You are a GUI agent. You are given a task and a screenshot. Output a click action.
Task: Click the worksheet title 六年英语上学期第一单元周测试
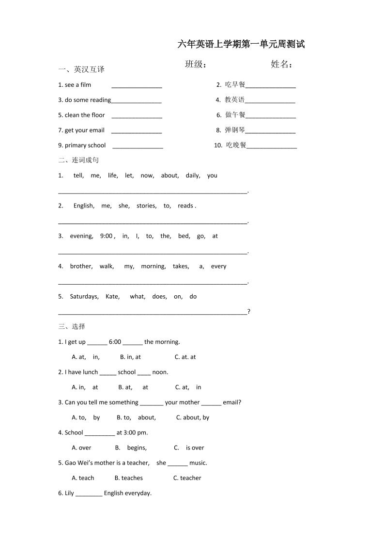pyautogui.click(x=241, y=45)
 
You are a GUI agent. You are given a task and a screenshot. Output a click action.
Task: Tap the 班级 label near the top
pyautogui.click(x=196, y=64)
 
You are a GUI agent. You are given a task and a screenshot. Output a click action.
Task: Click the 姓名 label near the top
pyautogui.click(x=281, y=64)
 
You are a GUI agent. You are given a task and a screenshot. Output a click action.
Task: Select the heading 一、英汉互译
pyautogui.click(x=81, y=69)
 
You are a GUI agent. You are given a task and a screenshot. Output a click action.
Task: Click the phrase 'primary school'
pyautogui.click(x=85, y=145)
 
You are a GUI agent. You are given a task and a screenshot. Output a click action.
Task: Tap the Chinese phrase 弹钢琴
pyautogui.click(x=235, y=130)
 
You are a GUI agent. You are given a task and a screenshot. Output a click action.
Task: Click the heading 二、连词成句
pyautogui.click(x=78, y=160)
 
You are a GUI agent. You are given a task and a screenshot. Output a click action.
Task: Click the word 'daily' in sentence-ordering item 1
pyautogui.click(x=193, y=176)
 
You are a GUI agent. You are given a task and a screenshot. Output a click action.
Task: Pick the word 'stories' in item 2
pyautogui.click(x=146, y=206)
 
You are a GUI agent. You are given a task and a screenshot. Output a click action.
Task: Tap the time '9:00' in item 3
pyautogui.click(x=106, y=236)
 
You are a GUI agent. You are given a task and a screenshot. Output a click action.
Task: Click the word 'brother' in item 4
pyautogui.click(x=81, y=266)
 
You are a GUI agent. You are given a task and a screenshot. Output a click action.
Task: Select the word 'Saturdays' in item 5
pyautogui.click(x=84, y=296)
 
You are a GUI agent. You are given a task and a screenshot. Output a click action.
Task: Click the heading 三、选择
pyautogui.click(x=72, y=326)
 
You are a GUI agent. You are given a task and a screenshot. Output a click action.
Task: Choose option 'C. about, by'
pyautogui.click(x=193, y=417)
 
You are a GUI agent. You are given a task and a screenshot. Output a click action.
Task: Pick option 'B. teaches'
pyautogui.click(x=129, y=478)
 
